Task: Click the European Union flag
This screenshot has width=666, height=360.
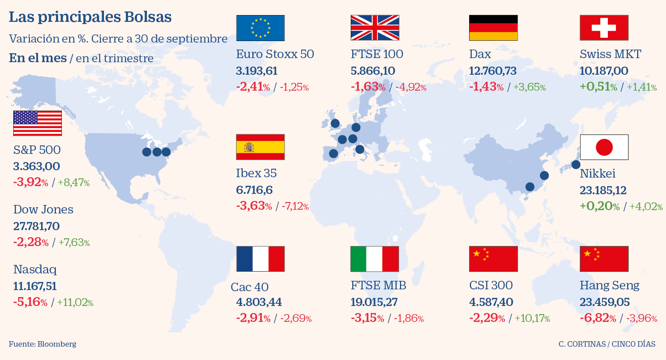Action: [x=260, y=28]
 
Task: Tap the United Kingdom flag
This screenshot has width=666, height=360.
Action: [x=375, y=28]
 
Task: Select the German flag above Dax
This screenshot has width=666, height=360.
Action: [x=493, y=28]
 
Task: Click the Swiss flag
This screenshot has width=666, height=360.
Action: [x=604, y=28]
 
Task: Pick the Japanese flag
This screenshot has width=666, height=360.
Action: [x=604, y=147]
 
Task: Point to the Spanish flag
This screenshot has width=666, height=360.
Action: [x=260, y=147]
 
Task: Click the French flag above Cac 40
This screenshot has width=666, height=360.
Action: [x=260, y=259]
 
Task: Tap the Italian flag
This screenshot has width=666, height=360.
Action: [x=374, y=259]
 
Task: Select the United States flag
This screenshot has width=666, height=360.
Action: [x=37, y=123]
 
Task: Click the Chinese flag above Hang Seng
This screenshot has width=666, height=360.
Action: [x=604, y=259]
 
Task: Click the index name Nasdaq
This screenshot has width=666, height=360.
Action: [x=35, y=269]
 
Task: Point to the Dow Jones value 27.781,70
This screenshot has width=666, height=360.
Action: [x=36, y=226]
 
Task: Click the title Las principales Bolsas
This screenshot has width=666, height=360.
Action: [x=90, y=17]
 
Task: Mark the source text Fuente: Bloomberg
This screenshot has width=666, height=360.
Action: [x=43, y=344]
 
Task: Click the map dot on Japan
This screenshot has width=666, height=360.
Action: [x=576, y=165]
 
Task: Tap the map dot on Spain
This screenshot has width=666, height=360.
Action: [x=333, y=153]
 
